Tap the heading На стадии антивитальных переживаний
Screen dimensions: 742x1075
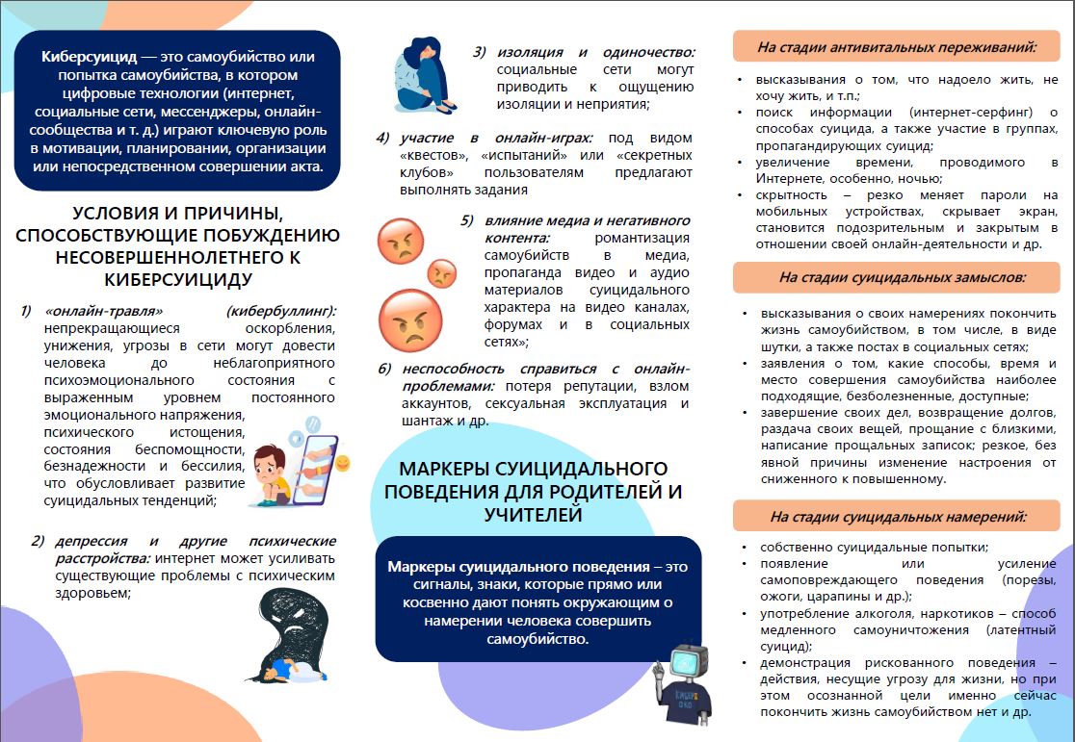tap(896, 45)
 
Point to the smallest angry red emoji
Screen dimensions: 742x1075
tap(441, 273)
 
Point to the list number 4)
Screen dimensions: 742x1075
tap(382, 138)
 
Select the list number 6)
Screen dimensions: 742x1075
tap(384, 369)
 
